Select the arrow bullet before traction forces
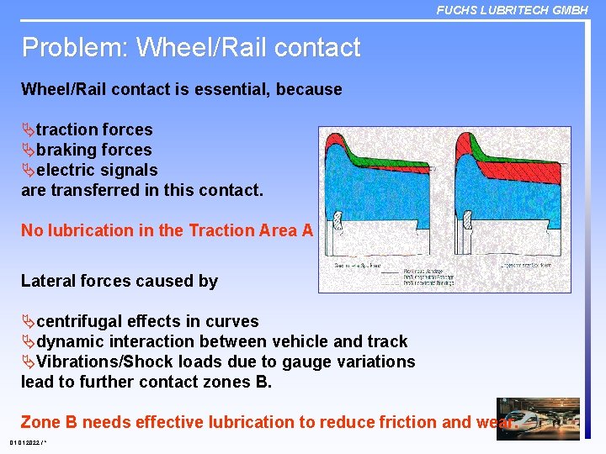point(28,129)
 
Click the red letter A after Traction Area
point(306,230)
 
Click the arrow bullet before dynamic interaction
point(28,341)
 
